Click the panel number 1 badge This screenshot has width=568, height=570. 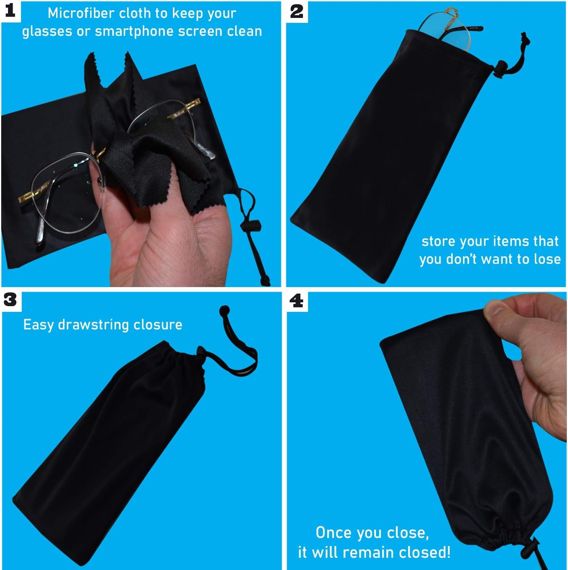(10, 11)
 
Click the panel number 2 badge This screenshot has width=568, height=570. (297, 11)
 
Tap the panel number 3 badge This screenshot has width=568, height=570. (10, 300)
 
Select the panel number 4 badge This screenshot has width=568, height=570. (297, 301)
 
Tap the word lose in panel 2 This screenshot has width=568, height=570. (547, 259)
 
